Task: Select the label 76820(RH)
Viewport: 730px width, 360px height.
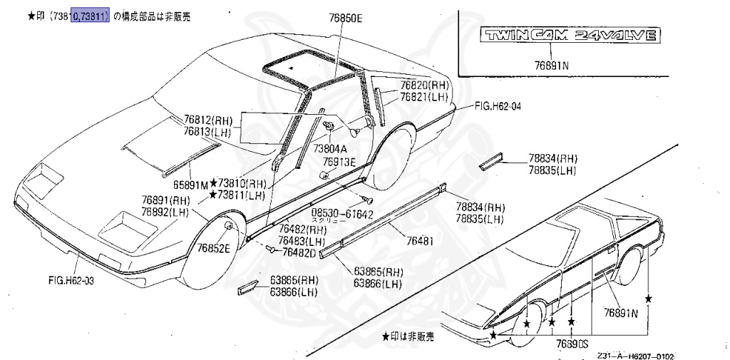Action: [423, 84]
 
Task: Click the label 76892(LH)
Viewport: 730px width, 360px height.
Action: [165, 212]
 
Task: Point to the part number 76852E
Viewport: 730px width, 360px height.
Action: [213, 247]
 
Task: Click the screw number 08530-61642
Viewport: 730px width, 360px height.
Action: [342, 213]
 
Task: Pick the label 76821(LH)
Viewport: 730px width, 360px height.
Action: [423, 96]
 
